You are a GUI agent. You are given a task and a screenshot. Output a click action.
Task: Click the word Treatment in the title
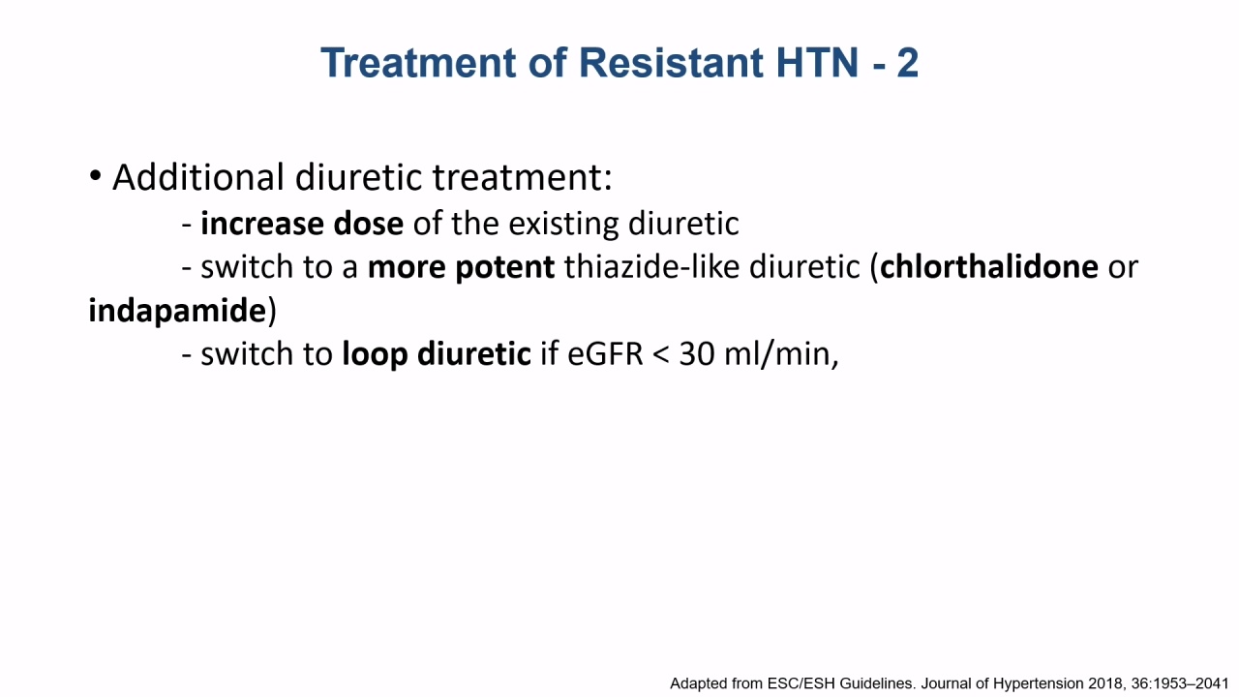click(418, 63)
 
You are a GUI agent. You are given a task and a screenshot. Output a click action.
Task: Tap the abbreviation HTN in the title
click(818, 63)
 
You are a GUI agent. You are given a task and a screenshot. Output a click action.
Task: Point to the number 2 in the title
click(908, 63)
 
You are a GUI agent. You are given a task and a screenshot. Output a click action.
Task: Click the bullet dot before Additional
click(95, 176)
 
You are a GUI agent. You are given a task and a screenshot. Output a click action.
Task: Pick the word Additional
click(199, 177)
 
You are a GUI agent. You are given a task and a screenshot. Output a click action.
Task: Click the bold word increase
click(261, 224)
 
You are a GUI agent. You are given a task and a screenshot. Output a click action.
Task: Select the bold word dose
click(369, 224)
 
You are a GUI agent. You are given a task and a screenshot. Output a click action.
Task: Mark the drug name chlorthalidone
click(989, 266)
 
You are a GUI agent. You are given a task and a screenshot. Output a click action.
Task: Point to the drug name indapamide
click(177, 311)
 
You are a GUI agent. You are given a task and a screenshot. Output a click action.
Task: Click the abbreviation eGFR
click(605, 354)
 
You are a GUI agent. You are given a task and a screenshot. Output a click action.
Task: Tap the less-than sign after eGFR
click(661, 355)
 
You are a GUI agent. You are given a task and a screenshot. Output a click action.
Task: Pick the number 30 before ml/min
click(696, 354)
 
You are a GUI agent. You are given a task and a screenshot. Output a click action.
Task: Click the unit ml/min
click(777, 354)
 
